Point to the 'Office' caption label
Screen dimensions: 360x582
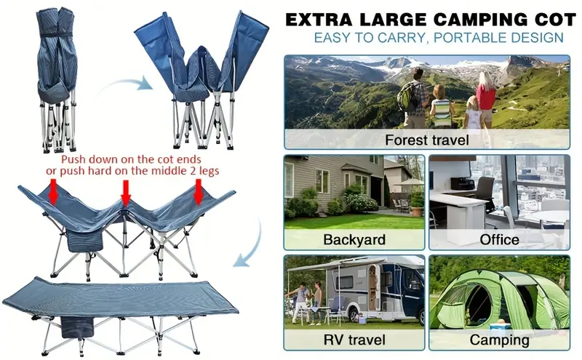tap(500, 239)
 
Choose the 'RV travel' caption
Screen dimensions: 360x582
tap(354, 340)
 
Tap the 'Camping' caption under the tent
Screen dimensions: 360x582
tap(499, 340)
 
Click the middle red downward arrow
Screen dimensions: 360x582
tap(126, 193)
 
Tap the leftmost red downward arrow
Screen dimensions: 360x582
tap(52, 193)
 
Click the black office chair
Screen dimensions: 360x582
tap(484, 191)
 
